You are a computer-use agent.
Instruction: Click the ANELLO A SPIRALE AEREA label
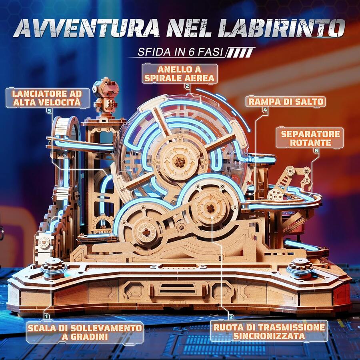coord(180,73)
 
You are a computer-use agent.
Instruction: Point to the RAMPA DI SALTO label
coord(286,102)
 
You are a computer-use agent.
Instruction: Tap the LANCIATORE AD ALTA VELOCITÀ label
coord(47,98)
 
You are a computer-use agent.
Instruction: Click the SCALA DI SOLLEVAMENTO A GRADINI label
coord(85,332)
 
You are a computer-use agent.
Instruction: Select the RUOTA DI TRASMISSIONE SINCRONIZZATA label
coord(269,332)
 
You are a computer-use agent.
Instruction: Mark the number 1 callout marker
coord(47,316)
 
